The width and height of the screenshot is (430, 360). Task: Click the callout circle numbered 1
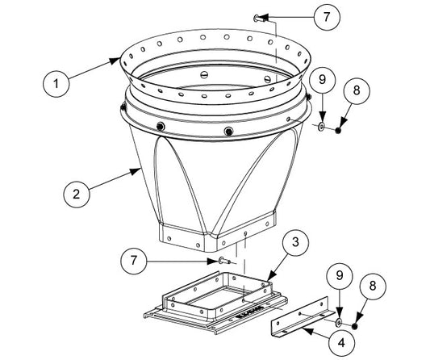pyautogui.click(x=56, y=84)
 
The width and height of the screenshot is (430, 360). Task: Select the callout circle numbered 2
pyautogui.click(x=77, y=195)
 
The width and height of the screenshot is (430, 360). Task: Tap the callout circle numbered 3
pyautogui.click(x=295, y=242)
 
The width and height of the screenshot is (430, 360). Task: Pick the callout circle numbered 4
pyautogui.click(x=341, y=343)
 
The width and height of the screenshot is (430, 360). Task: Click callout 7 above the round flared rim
pyautogui.click(x=327, y=17)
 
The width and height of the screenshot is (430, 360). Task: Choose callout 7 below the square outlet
pyautogui.click(x=134, y=261)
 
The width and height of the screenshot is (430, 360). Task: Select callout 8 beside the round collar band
pyautogui.click(x=357, y=90)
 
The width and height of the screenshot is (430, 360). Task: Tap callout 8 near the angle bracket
pyautogui.click(x=373, y=286)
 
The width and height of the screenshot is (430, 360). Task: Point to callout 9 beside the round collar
pyautogui.click(x=322, y=80)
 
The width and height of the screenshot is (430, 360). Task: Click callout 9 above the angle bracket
pyautogui.click(x=340, y=275)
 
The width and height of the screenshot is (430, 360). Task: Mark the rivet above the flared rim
pyautogui.click(x=259, y=19)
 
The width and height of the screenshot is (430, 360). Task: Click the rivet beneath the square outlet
pyautogui.click(x=224, y=261)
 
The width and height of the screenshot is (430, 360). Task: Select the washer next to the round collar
pyautogui.click(x=321, y=127)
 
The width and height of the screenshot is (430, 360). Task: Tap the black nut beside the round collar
pyautogui.click(x=339, y=130)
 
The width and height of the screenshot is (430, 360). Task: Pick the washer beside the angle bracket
pyautogui.click(x=338, y=322)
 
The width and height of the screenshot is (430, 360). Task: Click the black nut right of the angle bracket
pyautogui.click(x=355, y=326)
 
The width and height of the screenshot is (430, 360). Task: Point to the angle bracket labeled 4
pyautogui.click(x=302, y=318)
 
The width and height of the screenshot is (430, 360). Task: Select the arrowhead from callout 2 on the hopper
pyautogui.click(x=136, y=171)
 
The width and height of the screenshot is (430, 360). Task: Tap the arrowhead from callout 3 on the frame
pyautogui.click(x=272, y=276)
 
